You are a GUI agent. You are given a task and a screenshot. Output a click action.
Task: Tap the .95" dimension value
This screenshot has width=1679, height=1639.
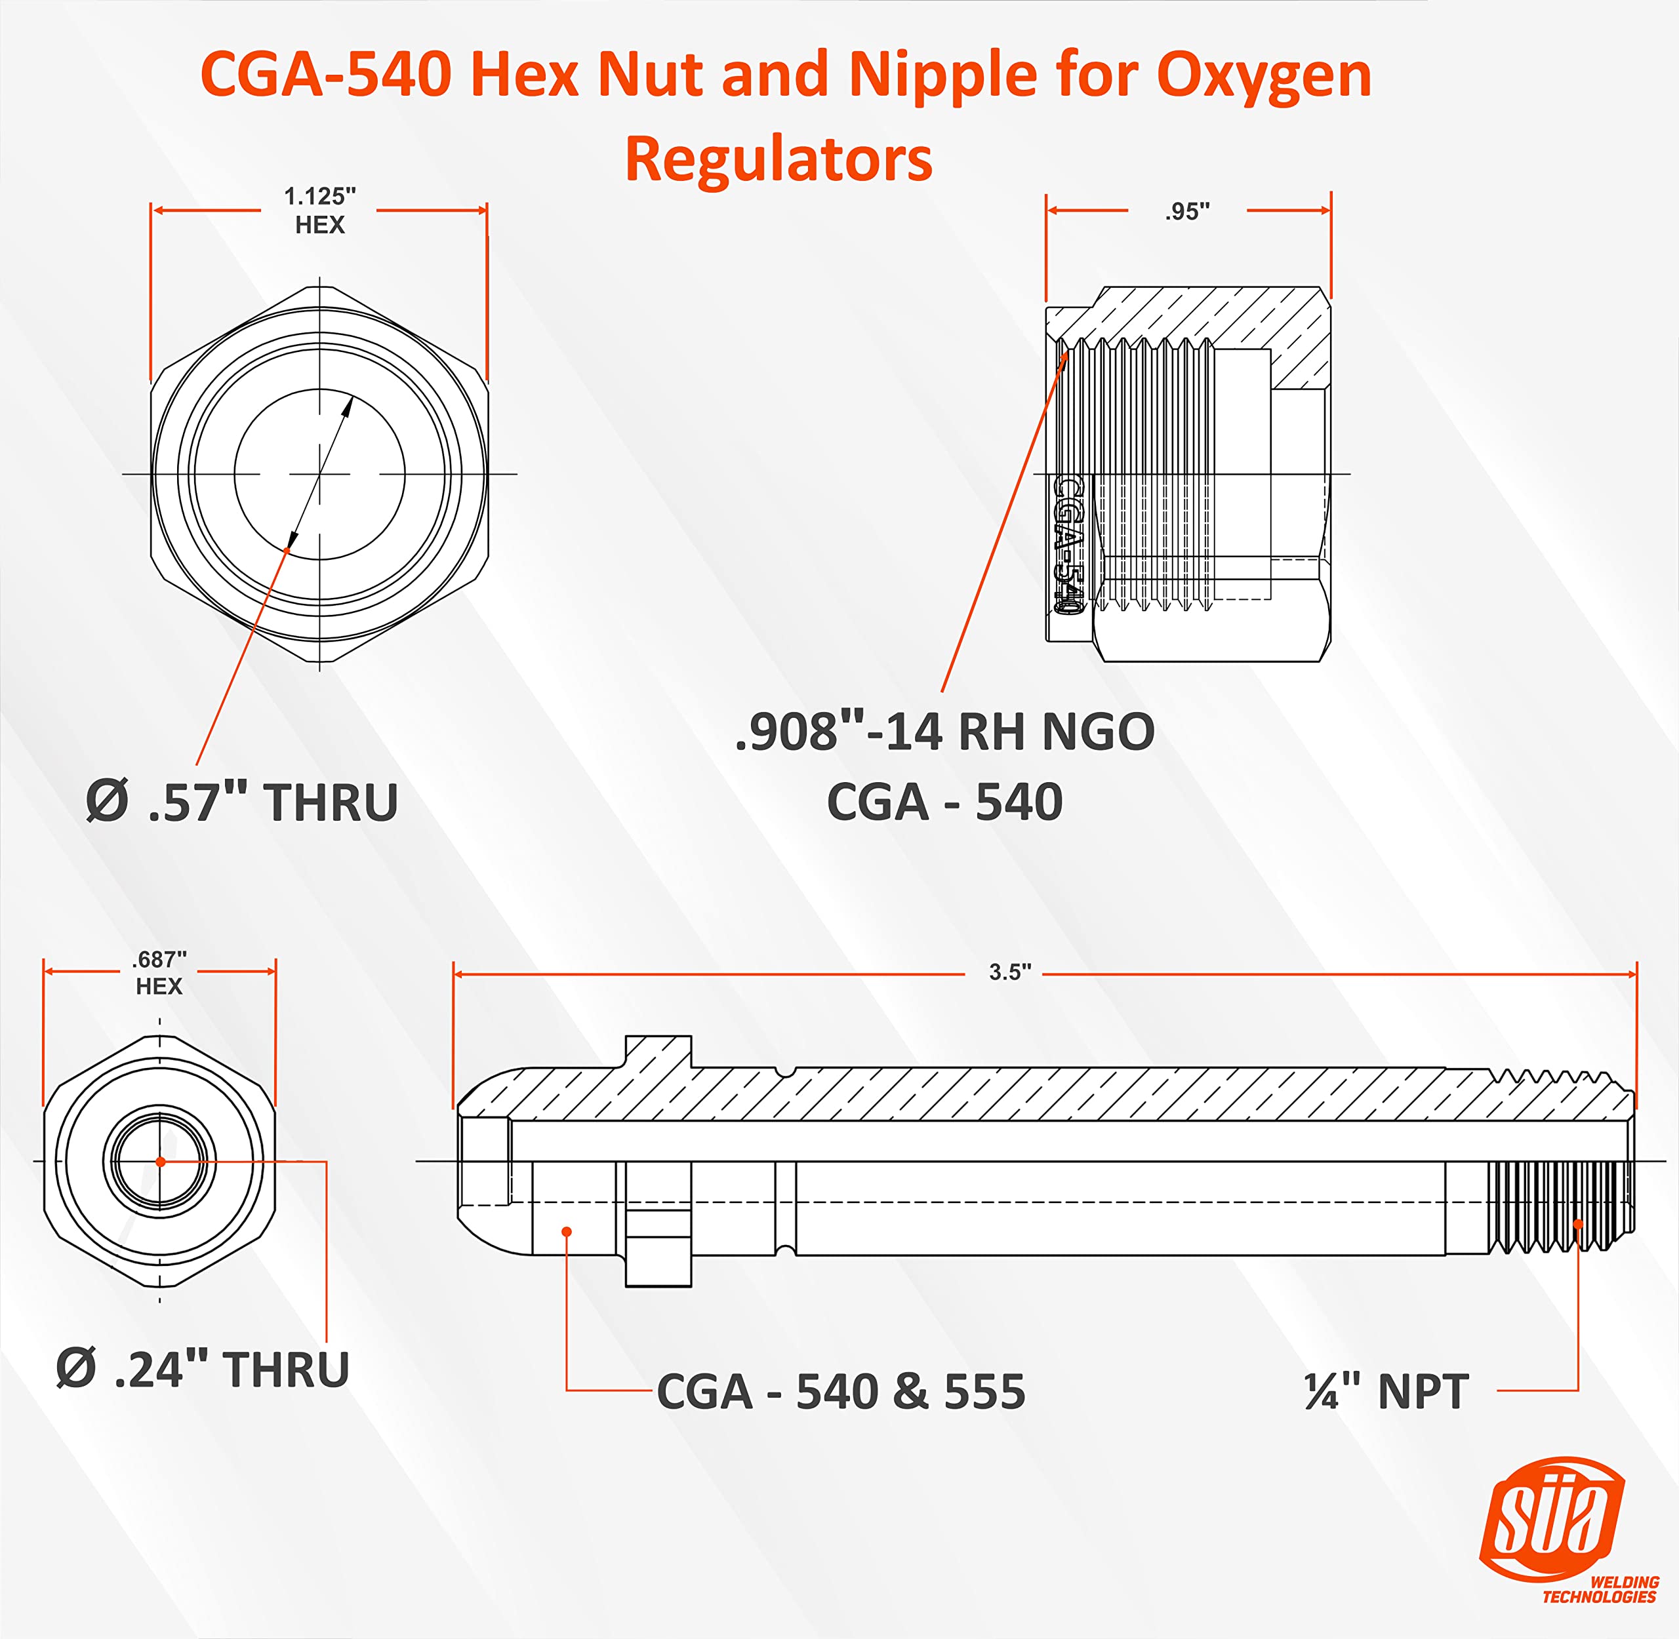click(x=1187, y=212)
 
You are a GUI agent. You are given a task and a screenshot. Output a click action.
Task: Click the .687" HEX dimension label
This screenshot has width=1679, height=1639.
click(x=159, y=973)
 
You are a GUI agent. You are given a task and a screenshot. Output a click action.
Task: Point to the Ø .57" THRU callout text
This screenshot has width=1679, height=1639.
click(x=243, y=802)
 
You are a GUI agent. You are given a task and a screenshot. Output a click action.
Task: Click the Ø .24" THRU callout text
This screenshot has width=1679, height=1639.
click(x=203, y=1369)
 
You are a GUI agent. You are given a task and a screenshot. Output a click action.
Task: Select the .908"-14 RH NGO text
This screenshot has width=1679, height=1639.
click(x=944, y=732)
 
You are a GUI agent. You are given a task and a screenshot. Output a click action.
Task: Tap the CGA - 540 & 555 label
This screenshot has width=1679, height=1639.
click(x=840, y=1392)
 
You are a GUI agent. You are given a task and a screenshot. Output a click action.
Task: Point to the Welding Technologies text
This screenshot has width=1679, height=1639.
click(x=1600, y=1590)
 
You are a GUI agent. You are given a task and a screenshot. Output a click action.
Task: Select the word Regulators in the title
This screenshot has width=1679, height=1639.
click(x=779, y=159)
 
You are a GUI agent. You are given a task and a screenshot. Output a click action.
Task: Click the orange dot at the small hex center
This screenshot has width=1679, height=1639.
click(x=160, y=1162)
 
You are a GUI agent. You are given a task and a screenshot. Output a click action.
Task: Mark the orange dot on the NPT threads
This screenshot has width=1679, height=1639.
click(x=1577, y=1223)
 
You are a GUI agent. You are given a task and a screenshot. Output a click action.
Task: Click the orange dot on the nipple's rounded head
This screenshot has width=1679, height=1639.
click(x=567, y=1232)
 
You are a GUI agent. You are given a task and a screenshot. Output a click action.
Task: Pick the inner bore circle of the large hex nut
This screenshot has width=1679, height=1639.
click(x=319, y=474)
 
